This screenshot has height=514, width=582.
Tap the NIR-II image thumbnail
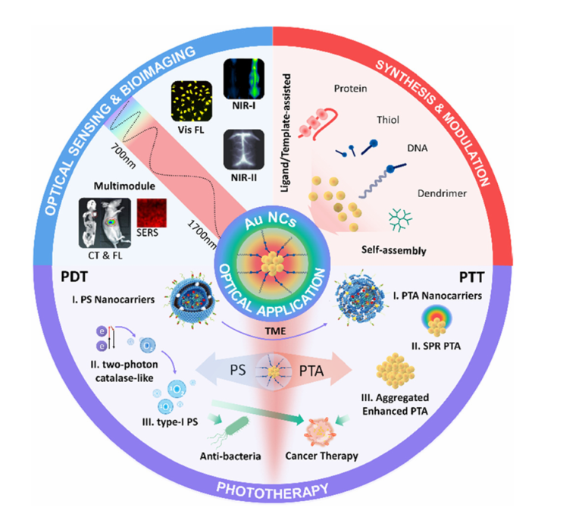click(242, 149)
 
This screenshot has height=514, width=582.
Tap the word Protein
click(351, 89)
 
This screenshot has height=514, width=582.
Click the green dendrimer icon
click(396, 218)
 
